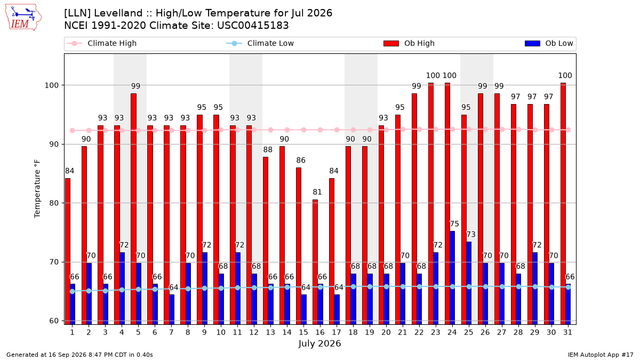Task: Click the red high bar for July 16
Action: [315, 262]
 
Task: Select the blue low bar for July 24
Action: [452, 278]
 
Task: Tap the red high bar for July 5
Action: [133, 209]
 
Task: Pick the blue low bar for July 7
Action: [171, 309]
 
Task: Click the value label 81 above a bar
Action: [317, 192]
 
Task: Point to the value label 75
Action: [454, 223]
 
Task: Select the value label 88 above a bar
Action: [268, 150]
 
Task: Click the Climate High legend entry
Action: [102, 43]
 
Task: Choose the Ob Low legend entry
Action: [549, 43]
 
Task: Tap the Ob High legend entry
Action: [409, 43]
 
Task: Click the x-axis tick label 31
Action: [567, 332]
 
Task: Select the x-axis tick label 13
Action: [270, 332]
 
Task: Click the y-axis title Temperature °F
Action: [37, 189]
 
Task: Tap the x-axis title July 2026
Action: [319, 343]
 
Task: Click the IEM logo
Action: [23, 17]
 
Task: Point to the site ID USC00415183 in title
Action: [253, 26]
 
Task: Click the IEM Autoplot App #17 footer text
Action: [601, 355]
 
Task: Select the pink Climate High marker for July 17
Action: [337, 130]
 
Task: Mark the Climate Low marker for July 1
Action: [73, 291]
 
